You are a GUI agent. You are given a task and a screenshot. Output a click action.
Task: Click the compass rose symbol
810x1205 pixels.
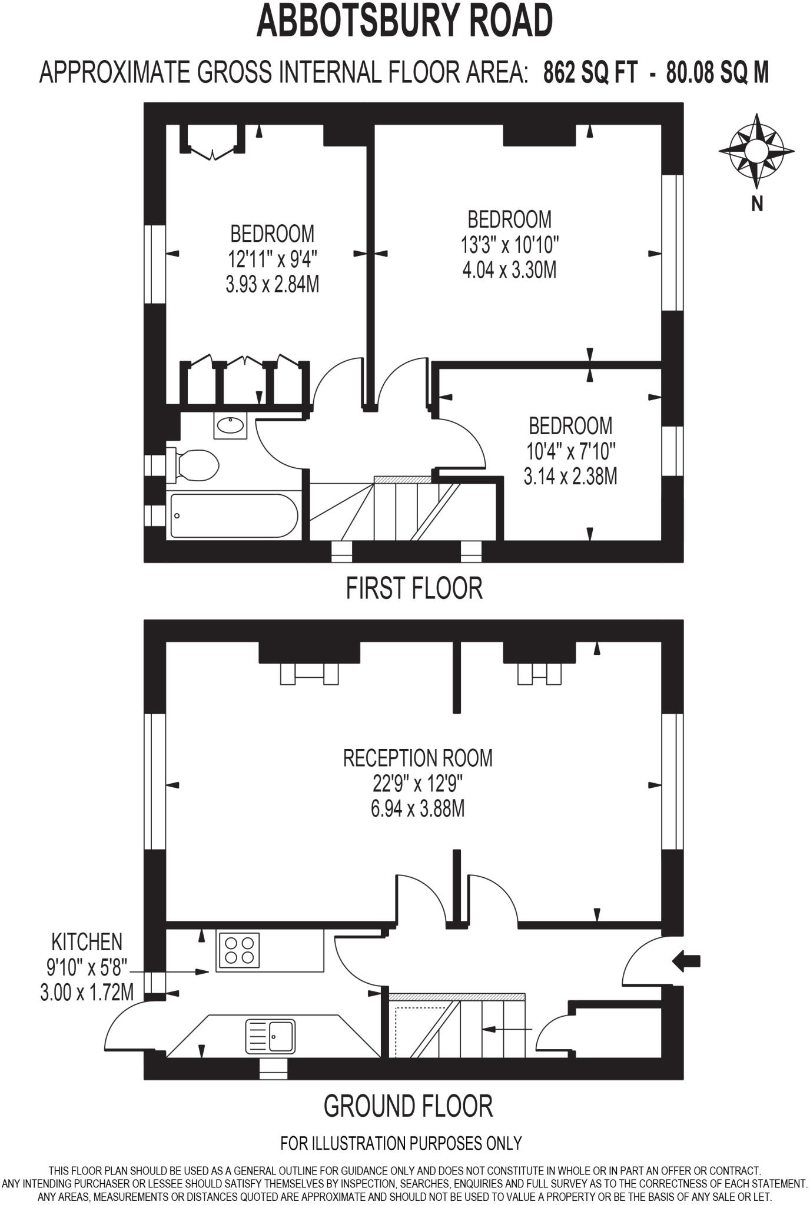pyautogui.click(x=756, y=150)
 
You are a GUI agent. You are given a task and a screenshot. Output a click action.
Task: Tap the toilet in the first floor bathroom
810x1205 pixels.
pyautogui.click(x=194, y=465)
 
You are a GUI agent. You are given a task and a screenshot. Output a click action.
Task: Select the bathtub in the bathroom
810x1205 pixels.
pyautogui.click(x=233, y=516)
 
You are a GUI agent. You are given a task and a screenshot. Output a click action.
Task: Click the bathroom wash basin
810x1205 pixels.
pyautogui.click(x=230, y=425)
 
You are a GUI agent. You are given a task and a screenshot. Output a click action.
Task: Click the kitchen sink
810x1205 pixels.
pyautogui.click(x=270, y=1036)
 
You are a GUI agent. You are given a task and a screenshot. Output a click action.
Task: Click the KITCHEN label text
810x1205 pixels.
pyautogui.click(x=87, y=942)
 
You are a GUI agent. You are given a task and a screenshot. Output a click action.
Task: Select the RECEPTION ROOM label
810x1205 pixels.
pyautogui.click(x=417, y=758)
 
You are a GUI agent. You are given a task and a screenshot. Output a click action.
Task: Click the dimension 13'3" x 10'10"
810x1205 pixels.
pyautogui.click(x=510, y=245)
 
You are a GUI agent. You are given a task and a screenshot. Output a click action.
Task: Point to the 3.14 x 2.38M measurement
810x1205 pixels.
pyautogui.click(x=570, y=476)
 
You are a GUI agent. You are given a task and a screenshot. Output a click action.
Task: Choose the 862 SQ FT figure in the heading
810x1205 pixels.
pyautogui.click(x=590, y=74)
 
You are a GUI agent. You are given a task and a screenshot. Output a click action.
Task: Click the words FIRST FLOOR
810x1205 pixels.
pyautogui.click(x=414, y=588)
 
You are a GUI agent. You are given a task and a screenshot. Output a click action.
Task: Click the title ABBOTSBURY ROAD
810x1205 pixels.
pyautogui.click(x=404, y=21)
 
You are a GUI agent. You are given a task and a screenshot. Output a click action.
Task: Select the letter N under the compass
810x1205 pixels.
pyautogui.click(x=757, y=204)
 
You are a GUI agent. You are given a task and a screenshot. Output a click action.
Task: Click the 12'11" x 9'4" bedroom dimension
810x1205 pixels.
pyautogui.click(x=273, y=259)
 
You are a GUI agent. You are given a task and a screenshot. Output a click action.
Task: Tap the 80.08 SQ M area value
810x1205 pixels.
pyautogui.click(x=717, y=74)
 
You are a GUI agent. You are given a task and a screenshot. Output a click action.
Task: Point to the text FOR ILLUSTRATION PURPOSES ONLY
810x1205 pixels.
pyautogui.click(x=401, y=1143)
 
